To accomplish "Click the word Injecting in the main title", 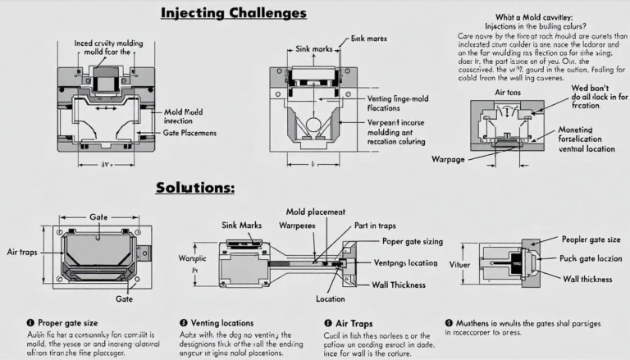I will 194,14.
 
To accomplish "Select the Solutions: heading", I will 195,188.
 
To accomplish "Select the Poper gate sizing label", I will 413,242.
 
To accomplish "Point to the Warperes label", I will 298,225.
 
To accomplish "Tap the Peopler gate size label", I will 590,239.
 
